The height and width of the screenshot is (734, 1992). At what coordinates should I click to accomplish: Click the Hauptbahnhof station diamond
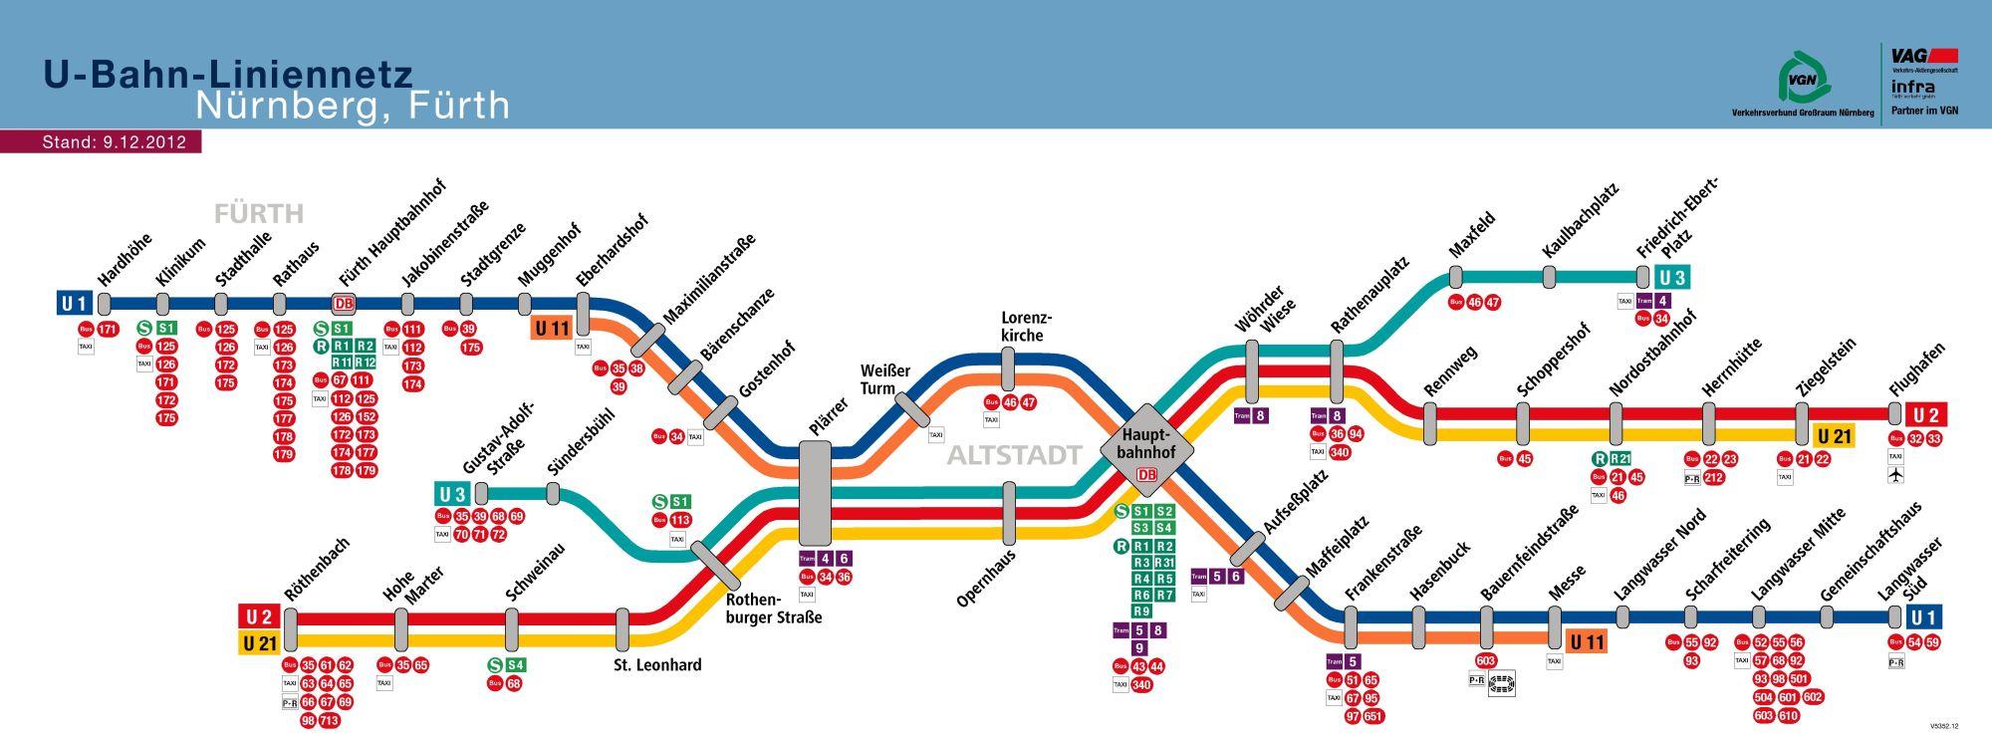click(1147, 444)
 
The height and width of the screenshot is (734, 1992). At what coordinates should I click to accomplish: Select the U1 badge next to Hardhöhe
click(75, 303)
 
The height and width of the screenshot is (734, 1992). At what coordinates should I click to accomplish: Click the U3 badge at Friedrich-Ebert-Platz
click(1672, 277)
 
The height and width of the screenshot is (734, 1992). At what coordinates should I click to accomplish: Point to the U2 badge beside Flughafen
click(1928, 413)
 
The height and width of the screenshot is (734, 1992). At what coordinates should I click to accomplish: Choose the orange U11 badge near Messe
click(1588, 641)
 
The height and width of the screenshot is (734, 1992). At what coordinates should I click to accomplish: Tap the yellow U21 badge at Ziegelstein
click(1834, 436)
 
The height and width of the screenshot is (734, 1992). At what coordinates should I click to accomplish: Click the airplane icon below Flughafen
click(1895, 475)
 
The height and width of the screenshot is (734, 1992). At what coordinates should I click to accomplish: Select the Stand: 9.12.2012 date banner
click(114, 142)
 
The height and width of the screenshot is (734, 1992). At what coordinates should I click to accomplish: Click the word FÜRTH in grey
click(259, 214)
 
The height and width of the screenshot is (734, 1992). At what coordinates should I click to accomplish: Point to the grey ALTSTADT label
click(1014, 456)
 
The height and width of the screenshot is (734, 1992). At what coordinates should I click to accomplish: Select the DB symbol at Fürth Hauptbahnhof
click(344, 304)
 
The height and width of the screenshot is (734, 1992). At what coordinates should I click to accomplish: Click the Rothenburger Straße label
click(774, 609)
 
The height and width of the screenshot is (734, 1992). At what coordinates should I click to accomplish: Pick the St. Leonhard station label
click(656, 664)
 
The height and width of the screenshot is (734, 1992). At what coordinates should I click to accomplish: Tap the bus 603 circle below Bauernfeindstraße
click(1486, 660)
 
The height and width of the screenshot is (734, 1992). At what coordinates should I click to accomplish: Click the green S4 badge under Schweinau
click(515, 664)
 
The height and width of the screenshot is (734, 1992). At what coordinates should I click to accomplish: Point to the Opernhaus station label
click(985, 578)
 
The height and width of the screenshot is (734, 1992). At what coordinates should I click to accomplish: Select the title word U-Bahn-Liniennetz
click(228, 75)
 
